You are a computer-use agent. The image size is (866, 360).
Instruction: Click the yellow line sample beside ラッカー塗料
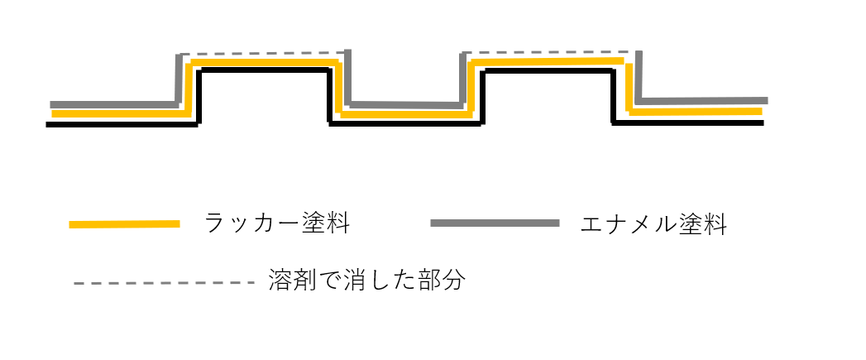click(124, 223)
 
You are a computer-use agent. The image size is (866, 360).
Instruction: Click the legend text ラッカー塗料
click(276, 223)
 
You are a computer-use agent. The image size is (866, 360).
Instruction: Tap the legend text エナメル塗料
click(653, 223)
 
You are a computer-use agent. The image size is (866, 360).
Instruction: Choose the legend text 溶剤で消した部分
click(367, 281)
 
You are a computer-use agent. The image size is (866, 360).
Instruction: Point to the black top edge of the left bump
click(265, 72)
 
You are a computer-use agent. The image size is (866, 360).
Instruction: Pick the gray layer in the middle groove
click(405, 105)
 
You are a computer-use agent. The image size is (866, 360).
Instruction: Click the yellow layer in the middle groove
click(405, 115)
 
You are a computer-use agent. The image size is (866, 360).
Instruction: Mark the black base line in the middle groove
click(405, 124)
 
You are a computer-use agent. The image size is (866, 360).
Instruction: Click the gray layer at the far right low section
click(703, 101)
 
